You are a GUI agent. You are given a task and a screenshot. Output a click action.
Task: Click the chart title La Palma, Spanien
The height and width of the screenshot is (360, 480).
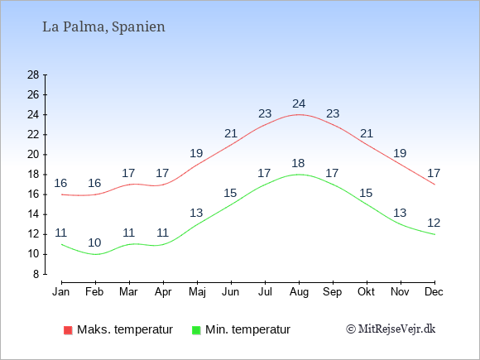tap(103, 27)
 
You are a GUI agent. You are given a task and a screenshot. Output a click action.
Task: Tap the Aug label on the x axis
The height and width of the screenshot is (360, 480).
tap(299, 292)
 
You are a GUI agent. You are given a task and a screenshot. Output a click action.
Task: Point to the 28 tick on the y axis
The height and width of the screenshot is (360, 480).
tap(33, 74)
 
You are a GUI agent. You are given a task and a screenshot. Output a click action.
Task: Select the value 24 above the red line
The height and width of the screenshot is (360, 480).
tap(299, 103)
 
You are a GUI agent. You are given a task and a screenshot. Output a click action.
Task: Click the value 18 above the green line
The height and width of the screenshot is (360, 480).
tap(298, 163)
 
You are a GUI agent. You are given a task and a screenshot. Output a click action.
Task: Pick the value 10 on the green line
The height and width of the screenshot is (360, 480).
tap(94, 242)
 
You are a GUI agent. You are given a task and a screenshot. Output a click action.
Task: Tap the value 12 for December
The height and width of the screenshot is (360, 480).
tap(434, 223)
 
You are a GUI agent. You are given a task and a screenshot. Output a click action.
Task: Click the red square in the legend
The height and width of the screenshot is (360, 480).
tap(68, 330)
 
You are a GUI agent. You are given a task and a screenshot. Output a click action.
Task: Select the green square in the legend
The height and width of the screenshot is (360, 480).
tap(196, 330)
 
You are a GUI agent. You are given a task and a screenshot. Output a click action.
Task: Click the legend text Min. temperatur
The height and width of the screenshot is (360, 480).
tap(247, 329)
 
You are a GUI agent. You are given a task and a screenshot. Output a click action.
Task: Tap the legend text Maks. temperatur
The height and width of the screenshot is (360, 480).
tap(125, 329)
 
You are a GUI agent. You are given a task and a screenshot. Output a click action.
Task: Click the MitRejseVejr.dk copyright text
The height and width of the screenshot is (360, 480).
tap(391, 329)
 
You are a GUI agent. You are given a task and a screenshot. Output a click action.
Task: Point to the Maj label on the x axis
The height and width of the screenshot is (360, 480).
tap(197, 292)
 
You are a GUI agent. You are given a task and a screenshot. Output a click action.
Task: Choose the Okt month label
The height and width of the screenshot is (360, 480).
tap(366, 292)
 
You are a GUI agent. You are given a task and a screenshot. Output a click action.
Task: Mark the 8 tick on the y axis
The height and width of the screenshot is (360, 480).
tap(36, 274)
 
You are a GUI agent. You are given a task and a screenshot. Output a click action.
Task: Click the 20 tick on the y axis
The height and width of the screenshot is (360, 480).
tap(33, 155)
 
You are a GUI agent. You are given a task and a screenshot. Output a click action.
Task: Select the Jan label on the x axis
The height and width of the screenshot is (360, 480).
tap(61, 292)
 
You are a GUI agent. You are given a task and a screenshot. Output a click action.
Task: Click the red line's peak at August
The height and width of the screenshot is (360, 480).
tap(299, 114)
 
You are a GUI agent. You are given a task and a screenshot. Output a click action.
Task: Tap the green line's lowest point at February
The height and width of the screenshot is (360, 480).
tap(95, 254)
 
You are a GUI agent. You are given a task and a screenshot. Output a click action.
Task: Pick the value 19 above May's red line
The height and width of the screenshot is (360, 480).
tap(196, 153)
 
